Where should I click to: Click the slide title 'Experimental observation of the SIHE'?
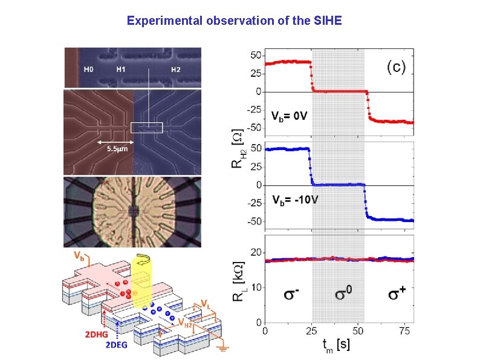click(x=234, y=21)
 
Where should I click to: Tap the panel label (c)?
click(x=396, y=67)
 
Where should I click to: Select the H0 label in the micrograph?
click(x=89, y=70)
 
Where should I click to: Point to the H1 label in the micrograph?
click(x=122, y=70)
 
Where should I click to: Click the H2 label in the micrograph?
click(x=175, y=70)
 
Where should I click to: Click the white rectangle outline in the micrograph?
click(x=147, y=127)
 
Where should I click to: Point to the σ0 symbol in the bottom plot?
click(x=343, y=295)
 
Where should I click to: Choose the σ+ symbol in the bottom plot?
click(x=397, y=295)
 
